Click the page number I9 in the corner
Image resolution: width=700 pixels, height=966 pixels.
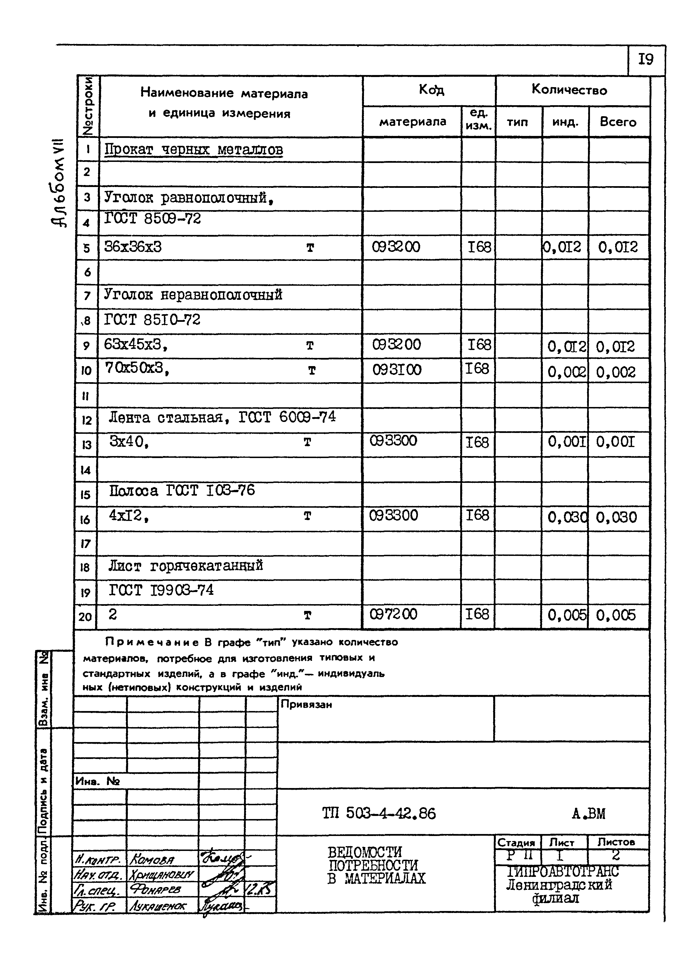click(x=646, y=59)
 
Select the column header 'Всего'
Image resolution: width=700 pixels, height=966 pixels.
click(x=618, y=122)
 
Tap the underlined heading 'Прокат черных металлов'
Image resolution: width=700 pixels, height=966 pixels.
click(x=194, y=150)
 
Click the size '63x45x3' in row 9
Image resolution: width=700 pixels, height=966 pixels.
click(x=135, y=344)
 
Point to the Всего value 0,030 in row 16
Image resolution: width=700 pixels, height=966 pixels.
click(x=616, y=518)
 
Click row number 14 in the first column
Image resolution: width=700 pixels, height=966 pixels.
click(x=86, y=470)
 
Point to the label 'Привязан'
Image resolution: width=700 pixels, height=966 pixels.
click(x=306, y=705)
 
